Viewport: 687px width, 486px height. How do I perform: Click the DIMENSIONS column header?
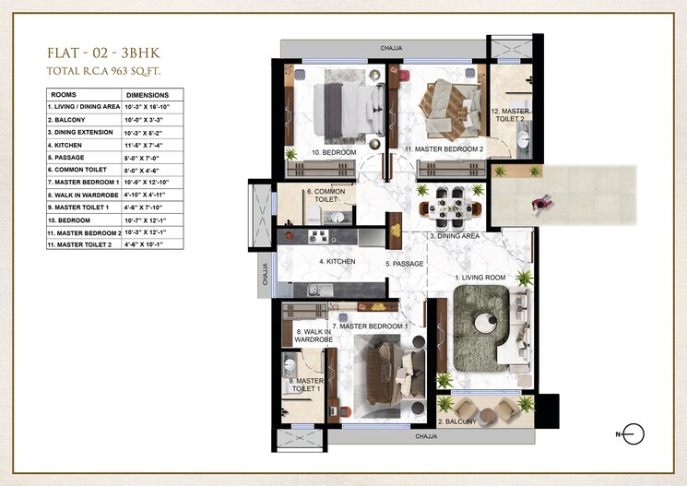(x=148, y=95)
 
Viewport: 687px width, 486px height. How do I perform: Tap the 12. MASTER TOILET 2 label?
(x=509, y=115)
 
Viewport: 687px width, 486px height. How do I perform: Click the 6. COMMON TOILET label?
(x=323, y=196)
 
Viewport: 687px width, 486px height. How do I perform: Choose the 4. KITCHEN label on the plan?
(x=337, y=262)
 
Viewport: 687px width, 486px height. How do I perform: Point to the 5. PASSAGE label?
(x=405, y=264)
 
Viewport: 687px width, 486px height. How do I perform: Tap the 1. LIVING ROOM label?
(x=480, y=277)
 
